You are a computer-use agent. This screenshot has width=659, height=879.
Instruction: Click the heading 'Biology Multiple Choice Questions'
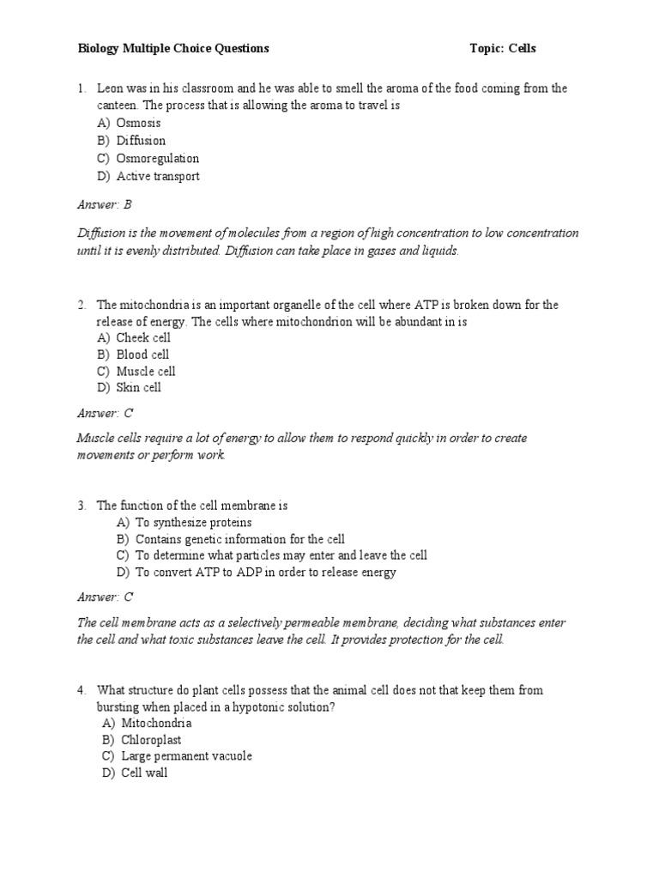(x=174, y=49)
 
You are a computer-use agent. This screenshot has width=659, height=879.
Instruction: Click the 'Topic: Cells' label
(x=503, y=49)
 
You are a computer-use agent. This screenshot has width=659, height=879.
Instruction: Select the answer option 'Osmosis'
(x=138, y=124)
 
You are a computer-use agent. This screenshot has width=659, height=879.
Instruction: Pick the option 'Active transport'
(x=158, y=177)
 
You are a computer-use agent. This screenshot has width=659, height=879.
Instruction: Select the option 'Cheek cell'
(x=143, y=338)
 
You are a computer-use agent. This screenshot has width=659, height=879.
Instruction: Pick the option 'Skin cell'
(x=139, y=388)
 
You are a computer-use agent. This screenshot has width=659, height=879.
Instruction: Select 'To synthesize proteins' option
(x=193, y=523)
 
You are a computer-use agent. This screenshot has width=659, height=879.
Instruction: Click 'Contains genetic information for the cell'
(x=240, y=539)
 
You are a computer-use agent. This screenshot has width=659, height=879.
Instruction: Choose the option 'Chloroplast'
(x=151, y=740)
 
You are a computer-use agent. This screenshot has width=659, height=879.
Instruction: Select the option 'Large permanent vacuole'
(x=186, y=756)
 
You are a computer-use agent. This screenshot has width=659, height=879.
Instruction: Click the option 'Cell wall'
(x=144, y=773)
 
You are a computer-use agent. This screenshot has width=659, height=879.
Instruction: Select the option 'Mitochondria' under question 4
(x=156, y=724)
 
